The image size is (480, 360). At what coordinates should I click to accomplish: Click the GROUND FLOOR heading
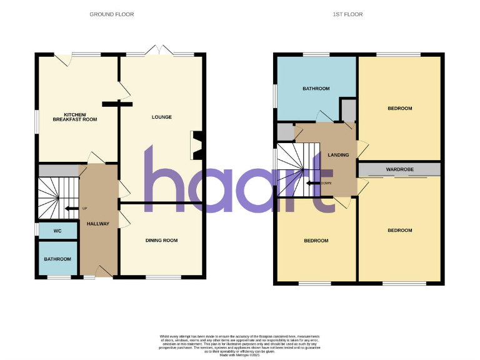click(112, 14)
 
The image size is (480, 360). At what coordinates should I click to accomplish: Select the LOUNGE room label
click(161, 117)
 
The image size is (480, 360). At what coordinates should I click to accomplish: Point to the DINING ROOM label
click(161, 240)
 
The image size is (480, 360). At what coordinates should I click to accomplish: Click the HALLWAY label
click(98, 224)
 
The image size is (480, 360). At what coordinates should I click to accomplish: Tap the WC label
click(57, 231)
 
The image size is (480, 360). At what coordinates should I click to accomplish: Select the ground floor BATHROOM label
click(57, 259)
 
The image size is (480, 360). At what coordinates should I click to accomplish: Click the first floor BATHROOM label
click(316, 89)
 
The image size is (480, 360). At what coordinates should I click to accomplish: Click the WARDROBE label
click(398, 169)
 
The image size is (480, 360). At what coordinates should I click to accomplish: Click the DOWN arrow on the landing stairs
click(316, 183)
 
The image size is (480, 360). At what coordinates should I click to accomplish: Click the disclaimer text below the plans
click(239, 344)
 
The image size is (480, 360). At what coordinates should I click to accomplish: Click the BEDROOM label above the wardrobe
click(400, 108)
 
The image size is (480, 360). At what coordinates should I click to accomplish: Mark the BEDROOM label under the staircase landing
click(316, 241)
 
